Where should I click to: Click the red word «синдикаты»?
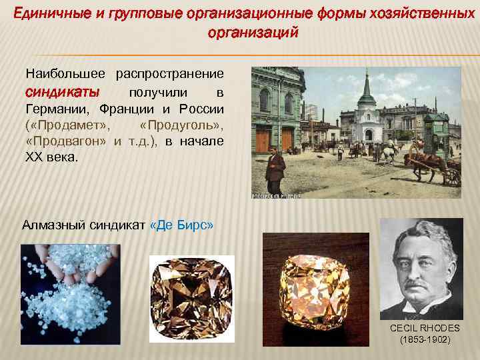click(63, 91)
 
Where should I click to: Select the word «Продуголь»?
click(182, 125)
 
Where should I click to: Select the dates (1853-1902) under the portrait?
click(425, 339)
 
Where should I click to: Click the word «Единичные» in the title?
click(49, 12)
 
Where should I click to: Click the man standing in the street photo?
click(274, 169)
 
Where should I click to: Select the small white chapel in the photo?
click(366, 117)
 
